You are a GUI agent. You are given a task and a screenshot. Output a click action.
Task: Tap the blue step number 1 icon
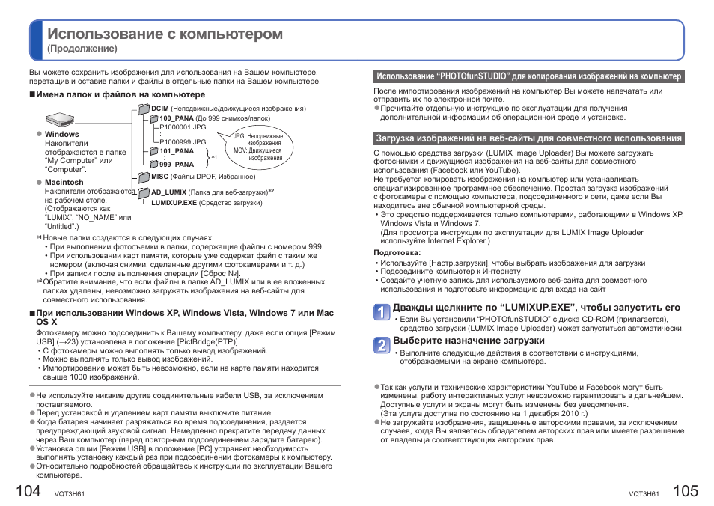click(x=382, y=311)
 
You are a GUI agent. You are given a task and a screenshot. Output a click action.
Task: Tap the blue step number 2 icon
click(x=382, y=344)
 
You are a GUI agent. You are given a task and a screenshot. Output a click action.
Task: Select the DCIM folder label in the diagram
click(x=160, y=109)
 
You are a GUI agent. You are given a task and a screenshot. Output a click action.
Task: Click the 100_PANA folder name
click(x=176, y=118)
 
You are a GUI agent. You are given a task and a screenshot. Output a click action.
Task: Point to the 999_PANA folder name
click(x=176, y=165)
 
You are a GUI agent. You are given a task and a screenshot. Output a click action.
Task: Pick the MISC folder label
click(x=159, y=177)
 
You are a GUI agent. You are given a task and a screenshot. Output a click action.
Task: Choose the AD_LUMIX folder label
click(x=169, y=192)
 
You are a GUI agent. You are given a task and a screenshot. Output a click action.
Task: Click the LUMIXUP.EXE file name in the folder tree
click(x=174, y=203)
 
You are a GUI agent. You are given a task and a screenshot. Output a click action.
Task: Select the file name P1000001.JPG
click(x=183, y=127)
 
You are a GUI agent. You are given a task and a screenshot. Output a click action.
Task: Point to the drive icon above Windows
click(x=61, y=120)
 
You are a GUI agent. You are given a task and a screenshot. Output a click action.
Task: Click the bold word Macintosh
click(x=64, y=182)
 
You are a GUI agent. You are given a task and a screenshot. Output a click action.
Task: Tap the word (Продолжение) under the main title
click(x=82, y=49)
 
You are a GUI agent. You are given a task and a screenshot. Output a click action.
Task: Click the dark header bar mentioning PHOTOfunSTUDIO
click(x=528, y=76)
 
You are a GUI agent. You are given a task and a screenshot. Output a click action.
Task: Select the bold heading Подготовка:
click(x=397, y=253)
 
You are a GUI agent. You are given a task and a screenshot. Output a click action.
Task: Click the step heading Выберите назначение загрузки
click(x=469, y=341)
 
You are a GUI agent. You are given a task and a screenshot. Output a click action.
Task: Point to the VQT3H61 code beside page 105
click(x=644, y=494)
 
